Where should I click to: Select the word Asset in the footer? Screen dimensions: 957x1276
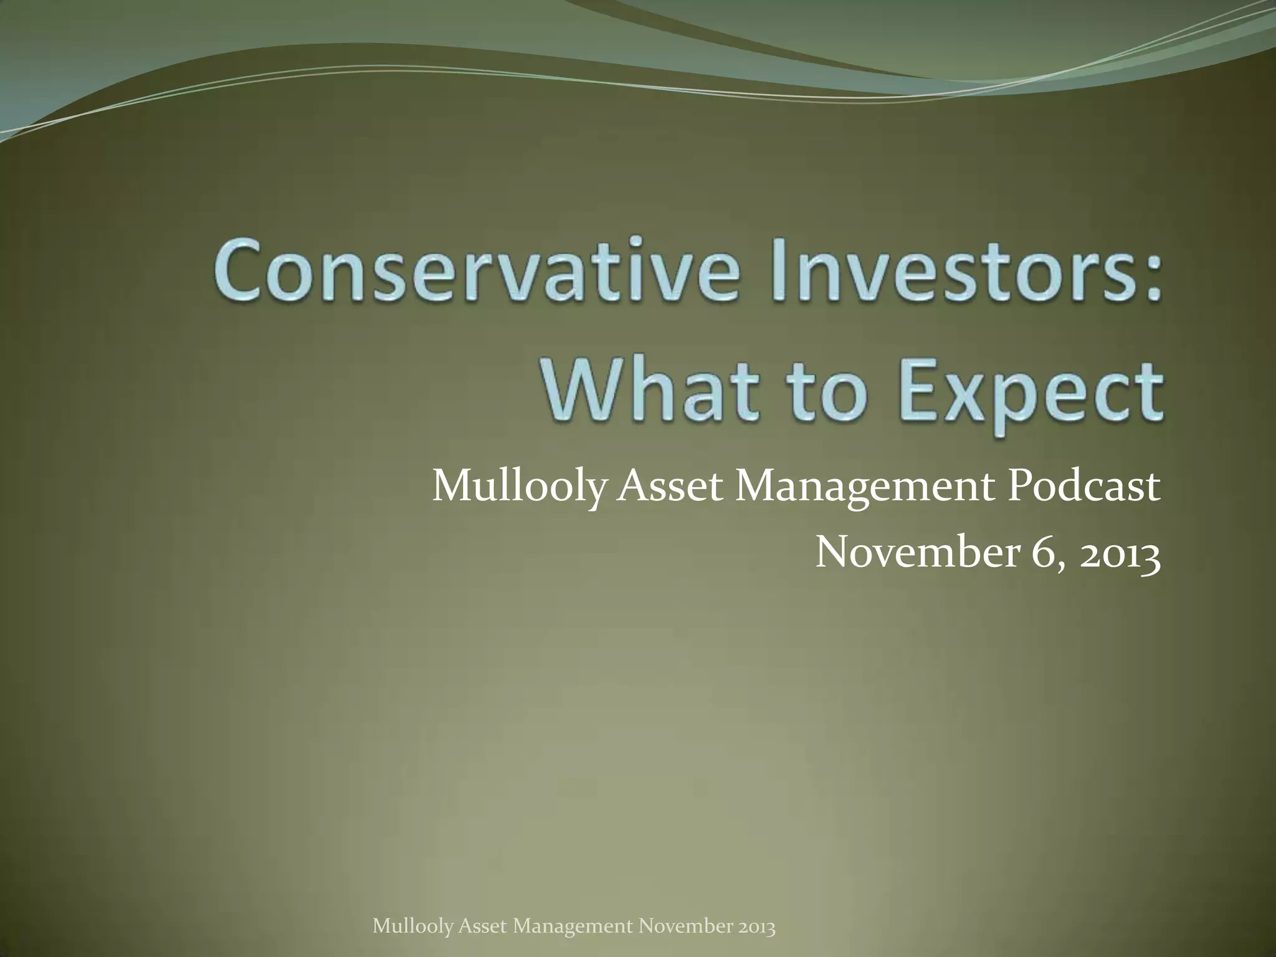(x=482, y=926)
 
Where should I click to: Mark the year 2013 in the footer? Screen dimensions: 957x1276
(x=756, y=926)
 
